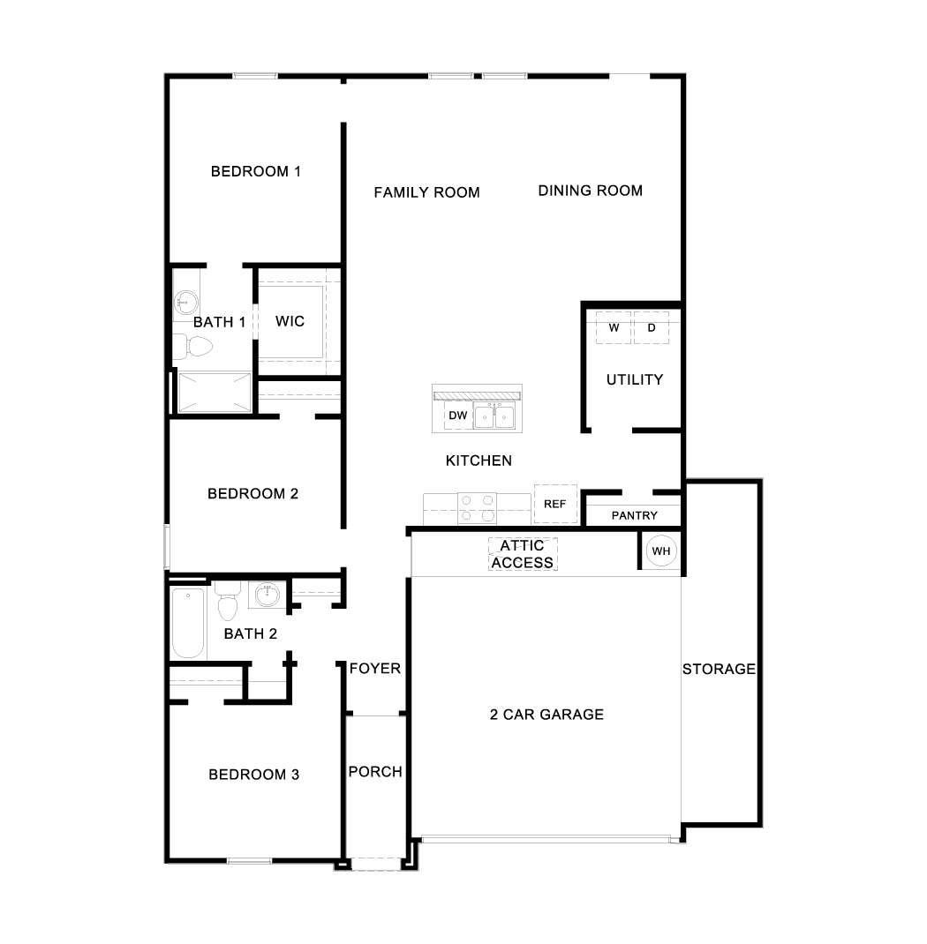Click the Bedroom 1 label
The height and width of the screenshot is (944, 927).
pos(255,171)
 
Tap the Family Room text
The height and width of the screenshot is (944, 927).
pos(426,192)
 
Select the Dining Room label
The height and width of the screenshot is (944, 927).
pos(591,191)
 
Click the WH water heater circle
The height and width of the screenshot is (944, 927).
pos(660,551)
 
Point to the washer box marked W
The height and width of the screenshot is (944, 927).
pos(614,328)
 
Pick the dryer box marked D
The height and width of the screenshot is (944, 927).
pos(652,328)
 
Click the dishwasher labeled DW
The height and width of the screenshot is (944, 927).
pos(458,416)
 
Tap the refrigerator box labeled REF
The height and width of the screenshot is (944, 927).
pos(555,504)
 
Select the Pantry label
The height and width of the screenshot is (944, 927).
pos(634,515)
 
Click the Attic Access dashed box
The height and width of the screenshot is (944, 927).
pos(523,554)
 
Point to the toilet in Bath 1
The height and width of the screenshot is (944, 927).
pos(192,347)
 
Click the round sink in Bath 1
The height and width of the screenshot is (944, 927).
pos(185,301)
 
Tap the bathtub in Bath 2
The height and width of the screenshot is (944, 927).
pos(189,623)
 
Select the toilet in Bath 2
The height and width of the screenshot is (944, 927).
pos(228,600)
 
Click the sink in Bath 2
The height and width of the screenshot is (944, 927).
pos(267,595)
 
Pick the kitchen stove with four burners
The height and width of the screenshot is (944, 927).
pos(477,508)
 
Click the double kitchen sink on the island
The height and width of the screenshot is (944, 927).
pos(494,416)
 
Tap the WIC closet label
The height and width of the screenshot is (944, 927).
pos(290,321)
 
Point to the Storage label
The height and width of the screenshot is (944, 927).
pos(720,669)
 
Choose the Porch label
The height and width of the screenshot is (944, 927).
pos(375,772)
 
